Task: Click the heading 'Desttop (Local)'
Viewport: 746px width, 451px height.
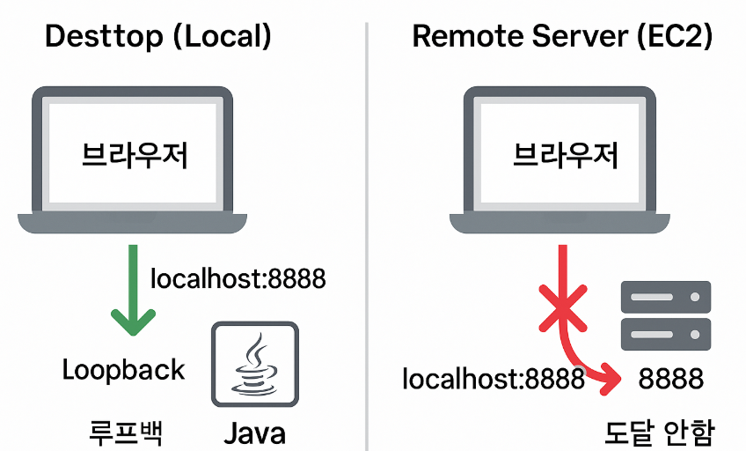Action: click(157, 36)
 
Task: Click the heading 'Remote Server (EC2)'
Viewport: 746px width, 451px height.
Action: click(562, 36)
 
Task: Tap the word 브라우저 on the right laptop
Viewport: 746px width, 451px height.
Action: click(566, 155)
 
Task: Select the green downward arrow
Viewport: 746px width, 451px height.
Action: click(131, 291)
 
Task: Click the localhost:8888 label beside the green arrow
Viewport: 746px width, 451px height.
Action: click(238, 279)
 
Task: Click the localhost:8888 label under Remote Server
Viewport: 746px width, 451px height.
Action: click(494, 379)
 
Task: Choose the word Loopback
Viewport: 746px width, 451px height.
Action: click(124, 369)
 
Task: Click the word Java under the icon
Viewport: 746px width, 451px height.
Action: click(255, 434)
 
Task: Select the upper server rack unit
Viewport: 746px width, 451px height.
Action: click(665, 298)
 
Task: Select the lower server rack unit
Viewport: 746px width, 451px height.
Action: click(665, 333)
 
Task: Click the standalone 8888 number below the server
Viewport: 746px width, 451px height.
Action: click(671, 379)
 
